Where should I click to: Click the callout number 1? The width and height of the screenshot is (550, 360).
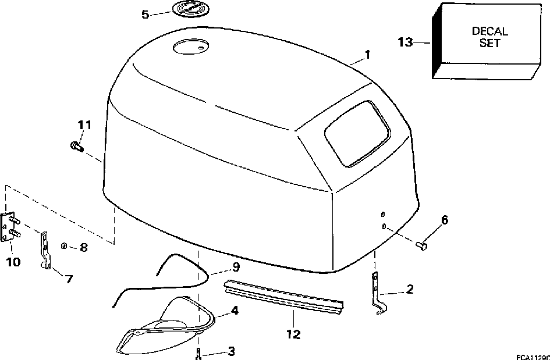click(x=367, y=55)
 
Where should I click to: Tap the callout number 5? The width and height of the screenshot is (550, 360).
click(x=146, y=14)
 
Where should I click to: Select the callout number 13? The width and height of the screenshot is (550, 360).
click(x=406, y=42)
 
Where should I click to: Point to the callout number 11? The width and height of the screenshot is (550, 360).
click(x=85, y=124)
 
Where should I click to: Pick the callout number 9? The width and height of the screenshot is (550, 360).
click(x=235, y=268)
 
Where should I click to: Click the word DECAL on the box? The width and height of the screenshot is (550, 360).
click(x=489, y=31)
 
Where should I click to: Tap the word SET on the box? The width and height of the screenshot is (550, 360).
click(x=489, y=44)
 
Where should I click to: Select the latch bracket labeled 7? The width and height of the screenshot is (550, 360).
click(x=45, y=250)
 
